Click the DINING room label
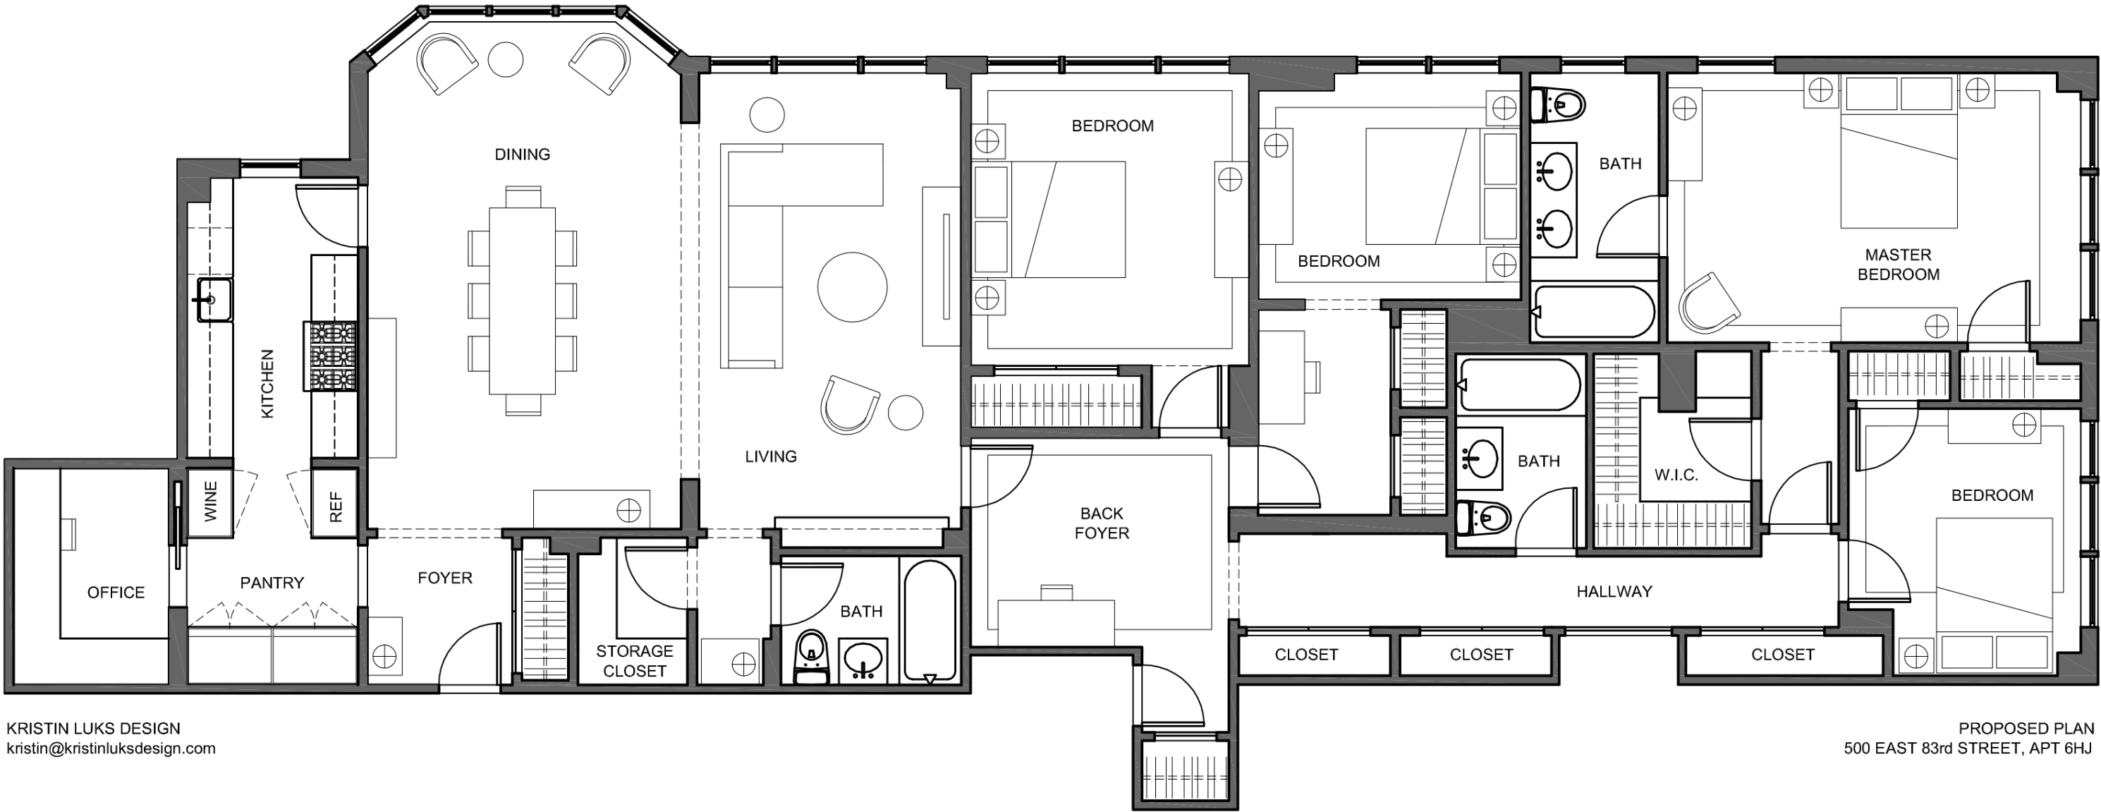522,154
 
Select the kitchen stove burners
331,356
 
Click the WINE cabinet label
210,501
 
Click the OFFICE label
116,593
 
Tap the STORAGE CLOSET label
635,661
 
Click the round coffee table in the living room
851,286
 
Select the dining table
522,301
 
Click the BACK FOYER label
1101,523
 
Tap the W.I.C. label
1676,475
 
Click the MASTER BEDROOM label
1898,265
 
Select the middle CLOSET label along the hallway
1480,655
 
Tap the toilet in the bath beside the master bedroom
1559,104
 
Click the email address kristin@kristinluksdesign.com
111,749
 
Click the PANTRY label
272,583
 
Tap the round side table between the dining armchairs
505,59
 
